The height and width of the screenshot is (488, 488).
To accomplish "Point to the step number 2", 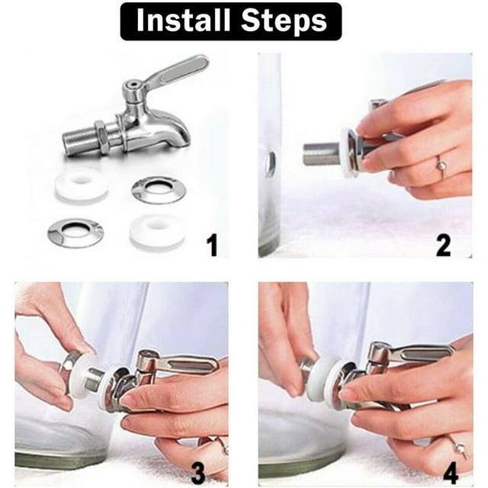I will coord(443,245).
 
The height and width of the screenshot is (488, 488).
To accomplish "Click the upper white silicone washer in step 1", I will coord(82,187).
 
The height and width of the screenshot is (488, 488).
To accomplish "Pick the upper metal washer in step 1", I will coord(158,189).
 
